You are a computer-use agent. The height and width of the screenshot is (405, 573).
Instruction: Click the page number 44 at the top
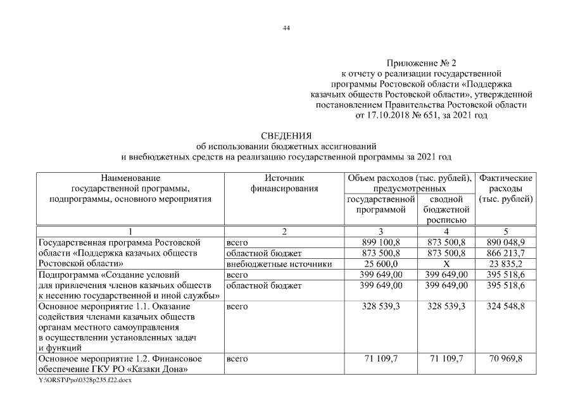pyautogui.click(x=286, y=28)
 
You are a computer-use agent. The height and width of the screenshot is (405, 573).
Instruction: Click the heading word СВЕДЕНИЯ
pyautogui.click(x=287, y=135)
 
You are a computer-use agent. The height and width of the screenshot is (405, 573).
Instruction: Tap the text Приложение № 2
pyautogui.click(x=421, y=64)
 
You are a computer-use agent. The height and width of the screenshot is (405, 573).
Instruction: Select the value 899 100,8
pyautogui.click(x=381, y=242)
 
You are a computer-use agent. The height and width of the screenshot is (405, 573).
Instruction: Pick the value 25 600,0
pyautogui.click(x=381, y=264)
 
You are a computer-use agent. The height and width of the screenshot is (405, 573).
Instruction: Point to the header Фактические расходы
pyautogui.click(x=507, y=189)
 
